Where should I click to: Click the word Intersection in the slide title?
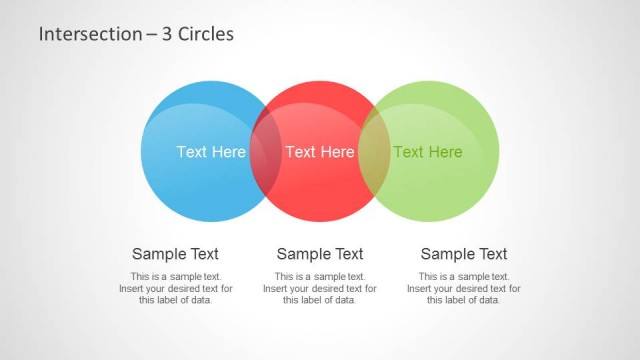[x=76, y=34]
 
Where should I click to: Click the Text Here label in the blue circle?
[x=211, y=152]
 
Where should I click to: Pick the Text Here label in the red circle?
[x=320, y=152]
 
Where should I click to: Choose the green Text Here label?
[x=428, y=152]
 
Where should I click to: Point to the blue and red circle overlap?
[x=265, y=152]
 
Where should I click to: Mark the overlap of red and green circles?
[x=374, y=152]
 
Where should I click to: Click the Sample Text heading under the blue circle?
[x=175, y=254]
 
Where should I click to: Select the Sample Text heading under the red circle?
[x=320, y=254]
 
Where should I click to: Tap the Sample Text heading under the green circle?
[x=464, y=254]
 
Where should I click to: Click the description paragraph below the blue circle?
[x=175, y=288]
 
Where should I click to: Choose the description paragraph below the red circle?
[x=320, y=288]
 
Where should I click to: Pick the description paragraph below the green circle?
[x=464, y=288]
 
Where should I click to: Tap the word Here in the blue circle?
[x=228, y=152]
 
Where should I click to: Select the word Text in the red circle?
[x=300, y=152]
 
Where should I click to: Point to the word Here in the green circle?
[x=445, y=152]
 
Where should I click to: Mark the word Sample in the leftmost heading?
[x=156, y=254]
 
